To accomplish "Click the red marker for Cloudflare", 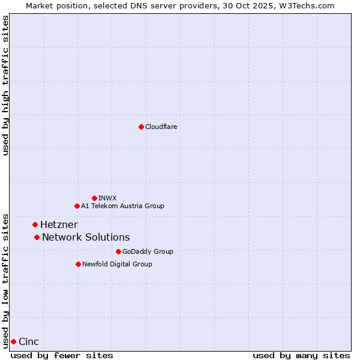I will [x=141, y=127].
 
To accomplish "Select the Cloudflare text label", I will [x=161, y=127].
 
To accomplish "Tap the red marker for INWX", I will [x=94, y=198].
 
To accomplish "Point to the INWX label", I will [x=107, y=198].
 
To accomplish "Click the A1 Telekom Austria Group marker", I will [x=77, y=206].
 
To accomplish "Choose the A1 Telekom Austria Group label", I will [x=122, y=206].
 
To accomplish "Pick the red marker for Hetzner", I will [x=35, y=224].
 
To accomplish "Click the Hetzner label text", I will [x=59, y=224].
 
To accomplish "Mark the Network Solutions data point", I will [x=37, y=237].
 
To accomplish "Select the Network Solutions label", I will [x=86, y=237].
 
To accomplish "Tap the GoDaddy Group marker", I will [x=118, y=251].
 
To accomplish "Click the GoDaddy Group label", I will [x=148, y=251].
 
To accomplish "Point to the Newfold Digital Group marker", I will [x=78, y=264].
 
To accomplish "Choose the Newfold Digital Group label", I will [x=117, y=264].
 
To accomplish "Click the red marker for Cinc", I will [x=13, y=341].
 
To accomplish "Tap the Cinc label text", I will [x=29, y=341].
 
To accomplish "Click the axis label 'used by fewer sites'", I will [x=62, y=355].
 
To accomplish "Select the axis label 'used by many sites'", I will [x=301, y=355].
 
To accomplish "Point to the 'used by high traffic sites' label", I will [x=5, y=86].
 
